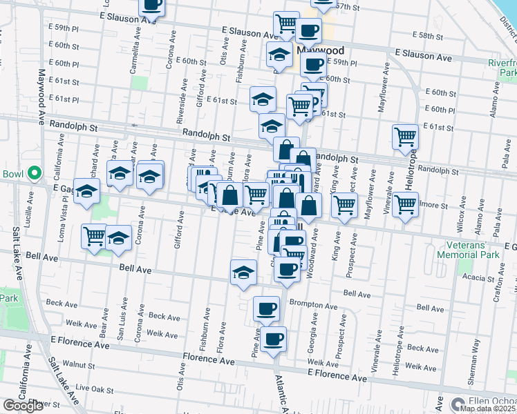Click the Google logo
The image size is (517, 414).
23,406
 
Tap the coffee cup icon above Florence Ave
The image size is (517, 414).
274,339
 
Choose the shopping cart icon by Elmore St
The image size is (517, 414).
406,204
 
